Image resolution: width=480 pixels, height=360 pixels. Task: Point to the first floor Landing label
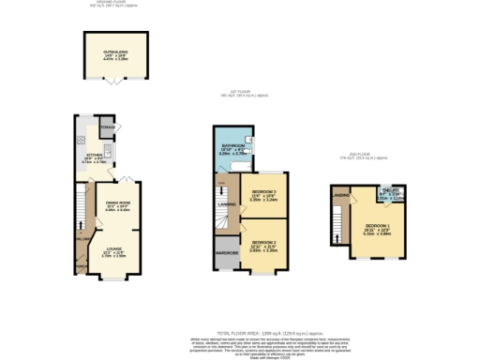[227, 203]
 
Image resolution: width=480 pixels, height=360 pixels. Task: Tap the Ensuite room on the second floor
[388, 196]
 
